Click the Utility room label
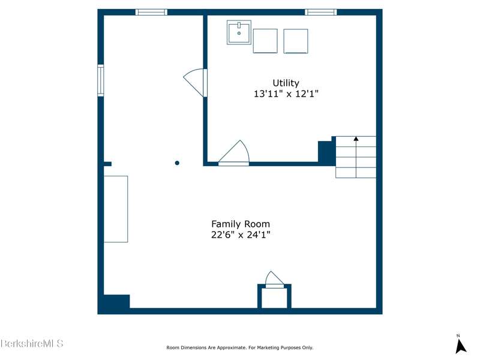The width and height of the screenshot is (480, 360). tap(286, 83)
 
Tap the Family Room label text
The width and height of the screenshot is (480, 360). tap(241, 224)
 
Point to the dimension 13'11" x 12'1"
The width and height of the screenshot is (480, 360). tap(286, 94)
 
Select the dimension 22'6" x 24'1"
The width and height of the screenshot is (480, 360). tap(241, 235)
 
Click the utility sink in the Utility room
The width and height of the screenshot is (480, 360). tap(239, 32)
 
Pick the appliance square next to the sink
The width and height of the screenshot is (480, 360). tap(265, 41)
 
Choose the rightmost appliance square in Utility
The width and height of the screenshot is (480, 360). tap(295, 41)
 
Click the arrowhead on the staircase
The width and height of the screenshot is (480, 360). tap(356, 139)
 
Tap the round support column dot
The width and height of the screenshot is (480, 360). tap(177, 163)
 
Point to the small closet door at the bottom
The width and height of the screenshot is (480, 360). tap(274, 279)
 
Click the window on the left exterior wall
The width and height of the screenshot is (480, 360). tap(100, 80)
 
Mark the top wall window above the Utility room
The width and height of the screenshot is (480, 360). tap(320, 12)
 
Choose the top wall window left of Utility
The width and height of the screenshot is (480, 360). tap(151, 12)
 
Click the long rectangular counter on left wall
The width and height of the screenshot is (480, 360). tap(116, 209)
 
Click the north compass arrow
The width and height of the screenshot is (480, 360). tap(460, 346)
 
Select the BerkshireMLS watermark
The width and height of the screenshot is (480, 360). tap(32, 343)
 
